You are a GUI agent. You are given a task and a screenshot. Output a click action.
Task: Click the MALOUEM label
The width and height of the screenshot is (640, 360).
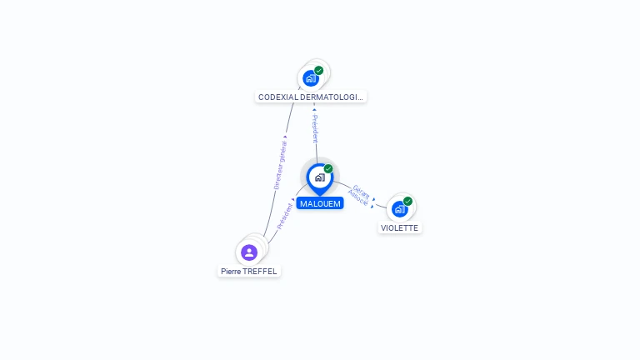tap(320, 203)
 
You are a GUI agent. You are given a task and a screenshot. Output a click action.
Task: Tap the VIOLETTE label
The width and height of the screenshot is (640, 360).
tap(399, 227)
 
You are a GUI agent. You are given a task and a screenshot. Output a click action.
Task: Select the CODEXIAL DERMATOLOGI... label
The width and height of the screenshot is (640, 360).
tap(311, 97)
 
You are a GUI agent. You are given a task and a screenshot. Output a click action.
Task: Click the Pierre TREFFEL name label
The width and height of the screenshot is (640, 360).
tap(249, 271)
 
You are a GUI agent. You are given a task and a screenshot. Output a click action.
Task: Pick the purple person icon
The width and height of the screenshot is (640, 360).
tap(248, 252)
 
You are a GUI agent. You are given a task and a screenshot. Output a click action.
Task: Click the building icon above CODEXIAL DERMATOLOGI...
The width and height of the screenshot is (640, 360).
tap(311, 78)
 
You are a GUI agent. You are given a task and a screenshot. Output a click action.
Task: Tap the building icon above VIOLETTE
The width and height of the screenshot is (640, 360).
tap(399, 209)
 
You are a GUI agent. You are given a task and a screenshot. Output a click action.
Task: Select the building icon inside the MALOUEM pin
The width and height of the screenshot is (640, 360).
tap(319, 177)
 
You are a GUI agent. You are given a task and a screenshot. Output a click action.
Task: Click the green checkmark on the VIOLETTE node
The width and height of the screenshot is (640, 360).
tap(407, 201)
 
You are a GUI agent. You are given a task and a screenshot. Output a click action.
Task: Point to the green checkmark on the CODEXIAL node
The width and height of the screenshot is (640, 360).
tap(319, 71)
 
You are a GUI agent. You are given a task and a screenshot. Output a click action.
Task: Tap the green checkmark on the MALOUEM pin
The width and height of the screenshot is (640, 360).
tap(328, 168)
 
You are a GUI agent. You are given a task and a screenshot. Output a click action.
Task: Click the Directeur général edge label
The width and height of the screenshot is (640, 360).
tap(281, 165)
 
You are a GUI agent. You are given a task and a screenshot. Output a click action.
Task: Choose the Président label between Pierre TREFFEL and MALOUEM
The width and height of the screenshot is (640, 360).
tap(285, 216)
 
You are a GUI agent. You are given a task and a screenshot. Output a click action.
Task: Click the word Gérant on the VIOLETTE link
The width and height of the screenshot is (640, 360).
tap(362, 191)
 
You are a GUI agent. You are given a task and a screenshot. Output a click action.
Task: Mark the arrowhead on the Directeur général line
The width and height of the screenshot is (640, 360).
tap(285, 137)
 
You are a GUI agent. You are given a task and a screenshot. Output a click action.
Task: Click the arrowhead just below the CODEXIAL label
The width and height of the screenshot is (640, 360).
tap(314, 109)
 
